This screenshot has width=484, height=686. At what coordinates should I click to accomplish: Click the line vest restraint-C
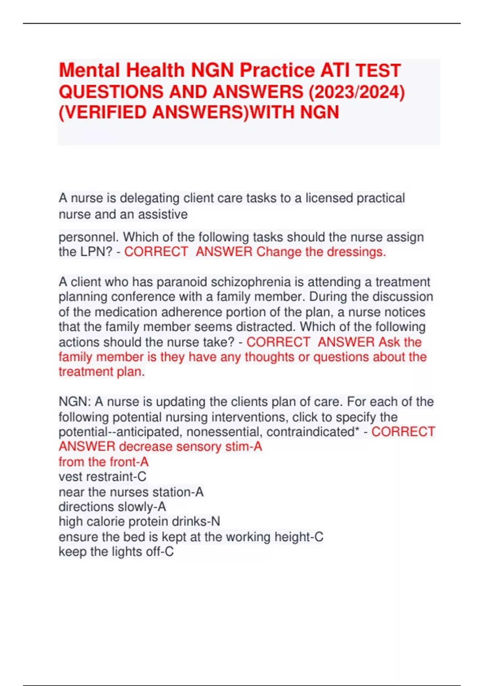pyautogui.click(x=102, y=477)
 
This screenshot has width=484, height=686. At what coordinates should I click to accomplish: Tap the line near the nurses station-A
pyautogui.click(x=131, y=492)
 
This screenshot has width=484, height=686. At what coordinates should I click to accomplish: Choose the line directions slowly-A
pyautogui.click(x=112, y=507)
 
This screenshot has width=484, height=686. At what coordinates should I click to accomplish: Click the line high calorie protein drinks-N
pyautogui.click(x=139, y=522)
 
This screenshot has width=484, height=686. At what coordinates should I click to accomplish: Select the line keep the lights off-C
pyautogui.click(x=116, y=552)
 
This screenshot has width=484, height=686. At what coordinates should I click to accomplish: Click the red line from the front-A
pyautogui.click(x=104, y=462)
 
